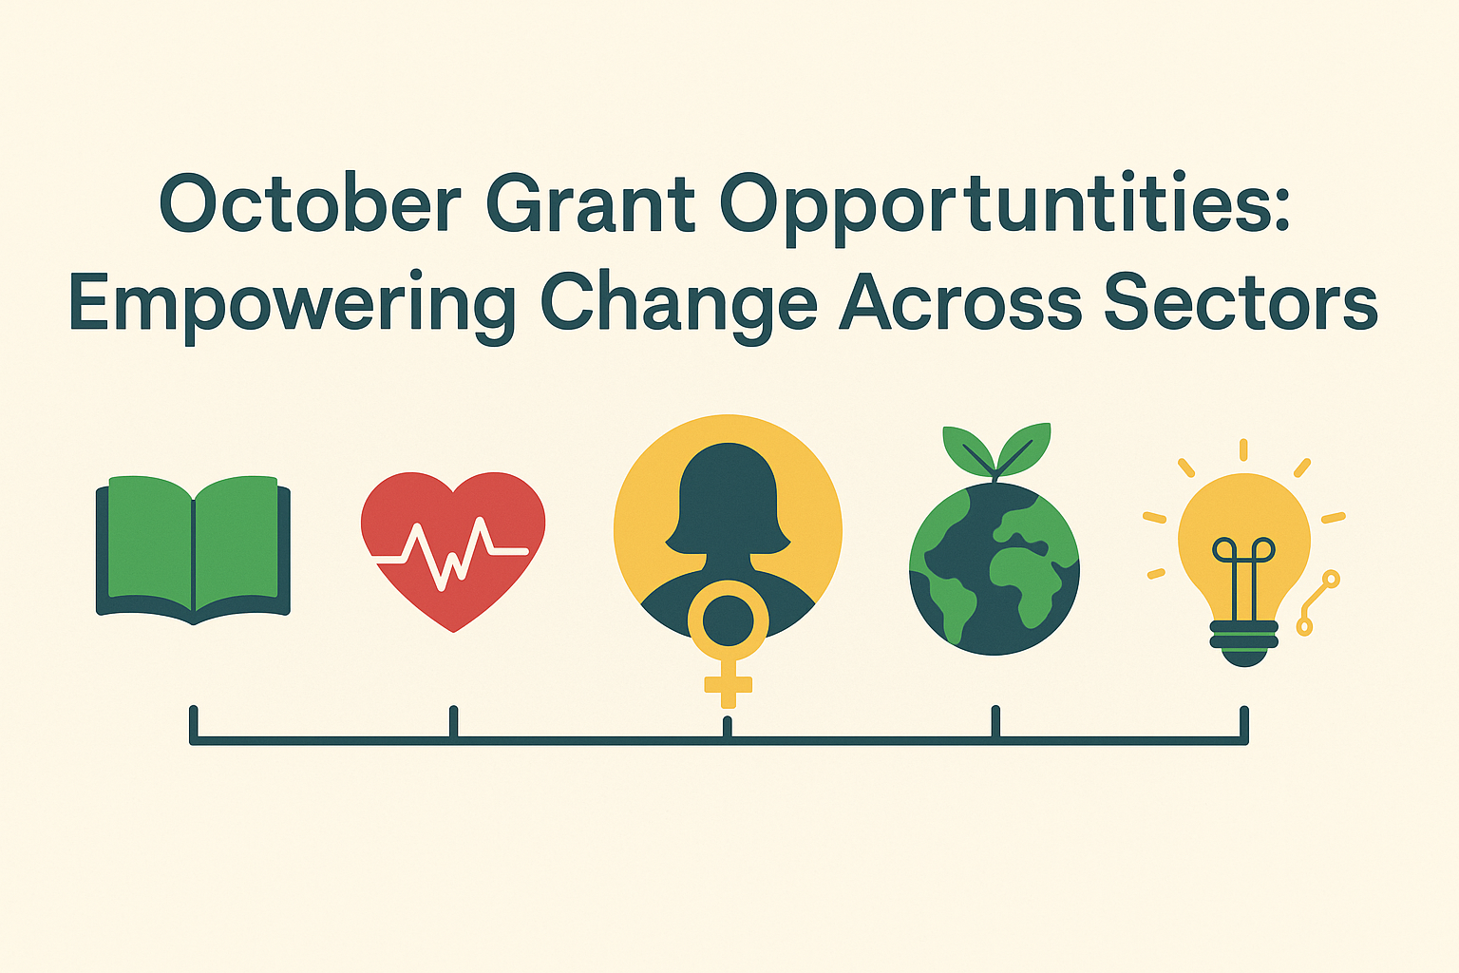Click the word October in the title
[310, 204]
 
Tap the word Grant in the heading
[591, 204]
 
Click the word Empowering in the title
[292, 304]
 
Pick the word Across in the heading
[960, 304]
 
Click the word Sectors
[1241, 304]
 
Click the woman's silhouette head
[728, 494]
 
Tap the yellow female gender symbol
[728, 646]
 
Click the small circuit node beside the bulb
[1330, 579]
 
